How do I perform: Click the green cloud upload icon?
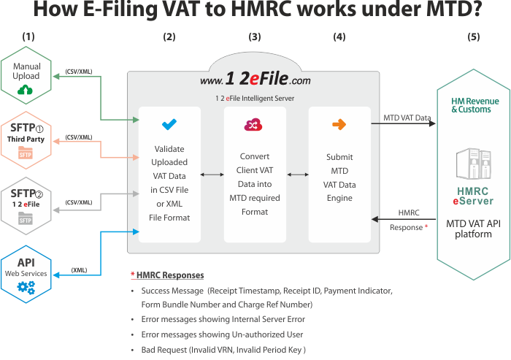[x=25, y=89]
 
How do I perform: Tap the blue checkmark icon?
[x=169, y=124]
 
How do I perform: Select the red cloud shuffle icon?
[x=253, y=125]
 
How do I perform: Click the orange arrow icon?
[x=339, y=124]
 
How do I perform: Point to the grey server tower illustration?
[x=474, y=164]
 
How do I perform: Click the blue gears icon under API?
[x=26, y=287]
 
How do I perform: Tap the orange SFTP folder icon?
[x=26, y=153]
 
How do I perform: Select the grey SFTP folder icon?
[x=26, y=218]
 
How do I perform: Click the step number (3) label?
[x=255, y=37]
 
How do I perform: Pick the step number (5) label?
[x=474, y=37]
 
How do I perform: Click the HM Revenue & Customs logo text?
[x=474, y=105]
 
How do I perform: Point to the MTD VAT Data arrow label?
[x=407, y=118]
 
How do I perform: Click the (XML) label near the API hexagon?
[x=79, y=270]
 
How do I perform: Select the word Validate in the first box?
[x=169, y=149]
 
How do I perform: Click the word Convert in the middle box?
[x=255, y=156]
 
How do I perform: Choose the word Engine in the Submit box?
[x=339, y=199]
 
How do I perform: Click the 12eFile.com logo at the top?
[x=255, y=79]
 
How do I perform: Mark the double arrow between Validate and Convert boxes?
[x=212, y=175]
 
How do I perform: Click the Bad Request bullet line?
[x=223, y=350]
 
